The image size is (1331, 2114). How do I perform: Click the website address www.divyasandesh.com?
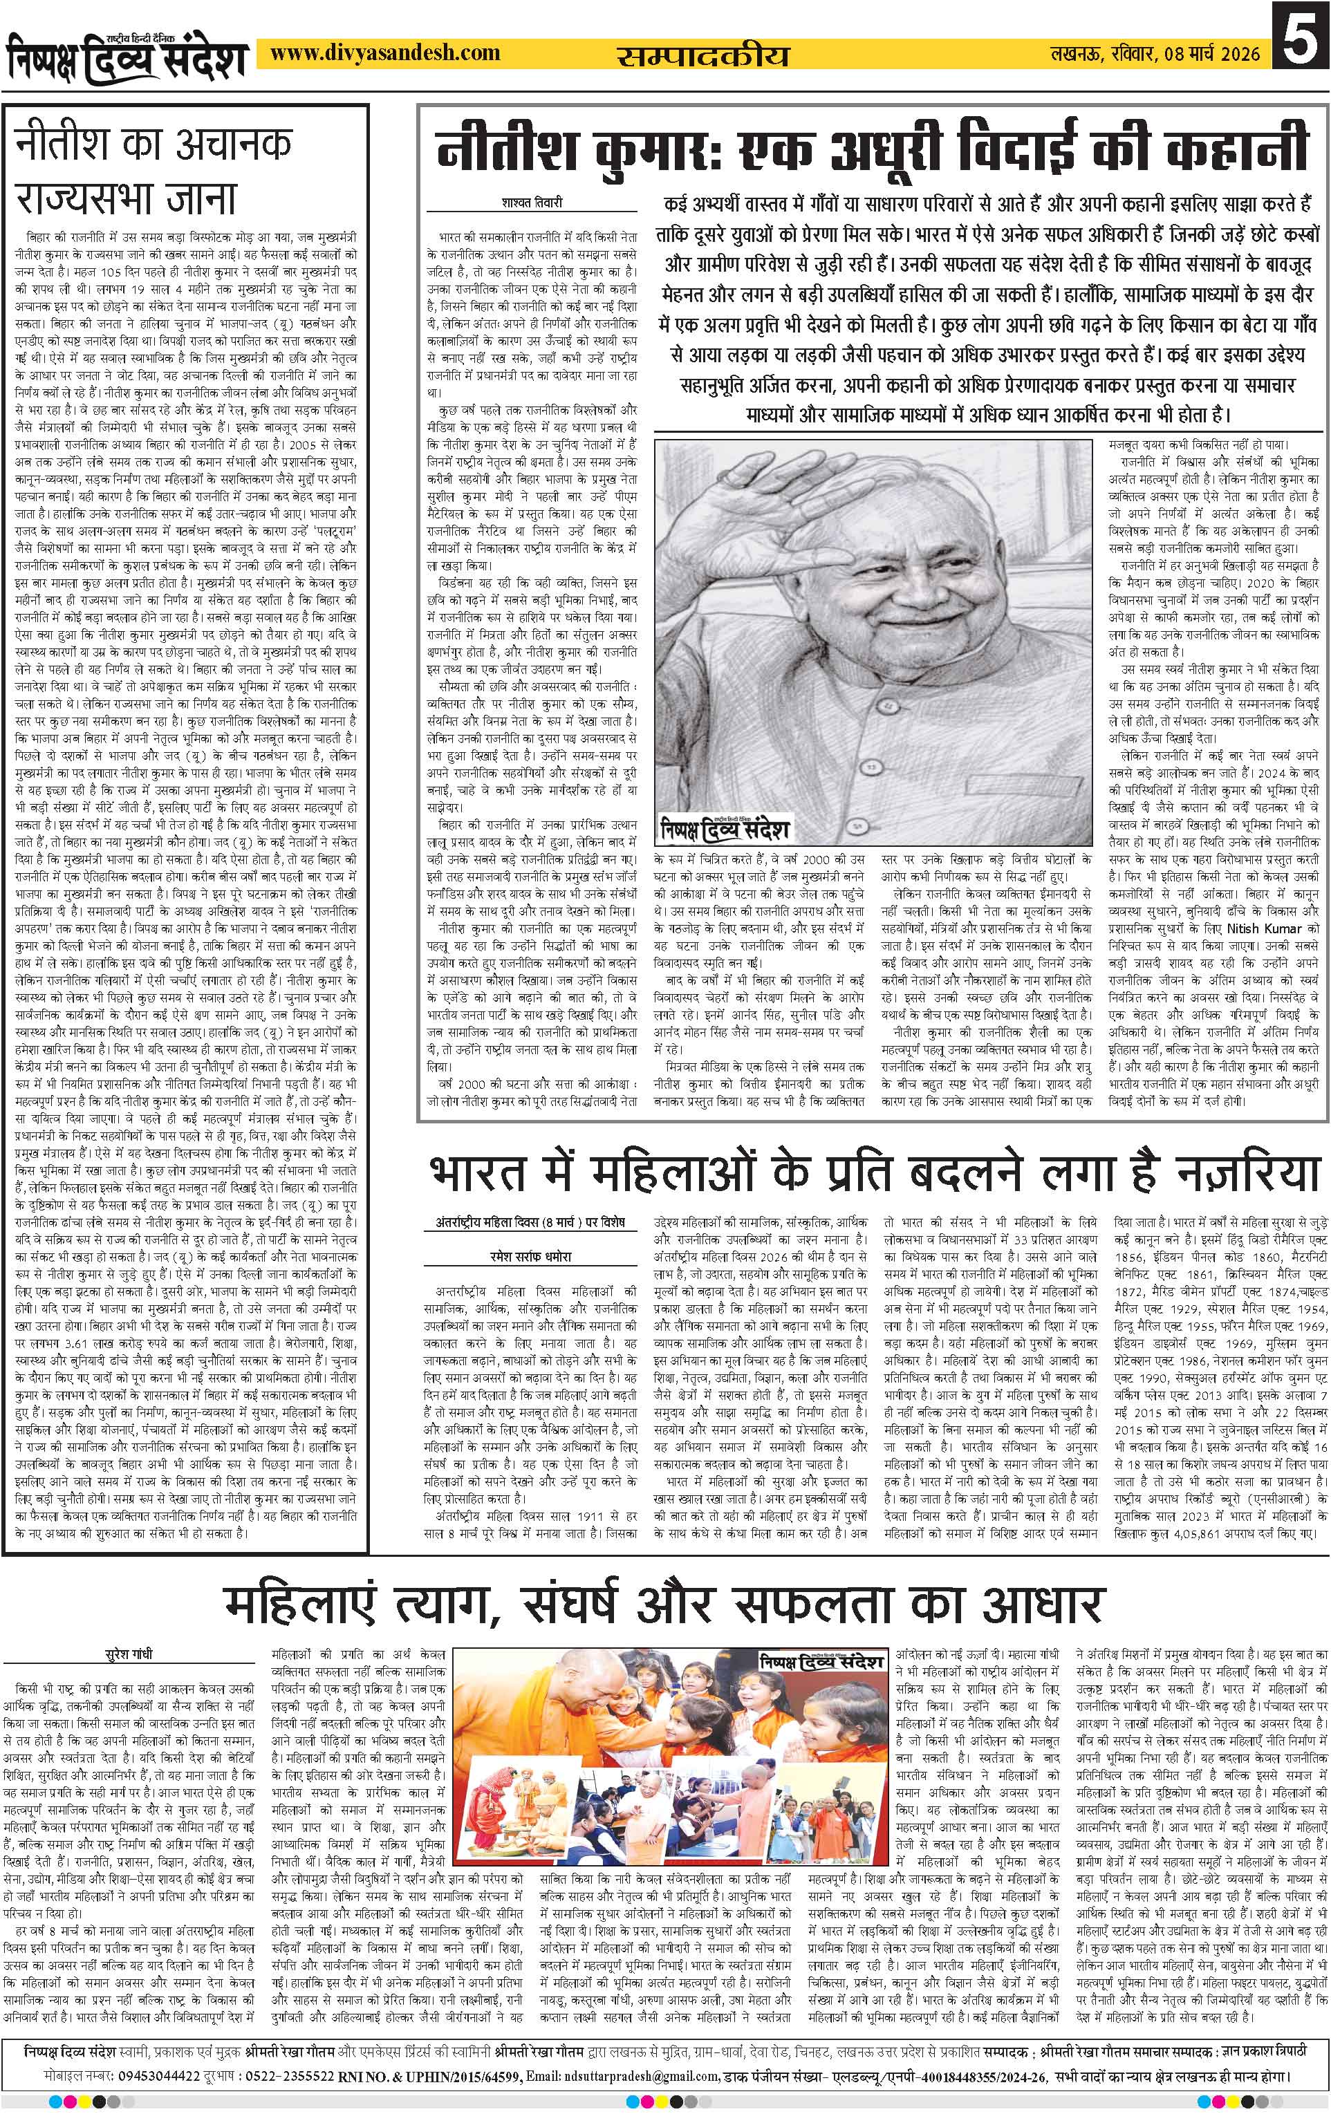[385, 55]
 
